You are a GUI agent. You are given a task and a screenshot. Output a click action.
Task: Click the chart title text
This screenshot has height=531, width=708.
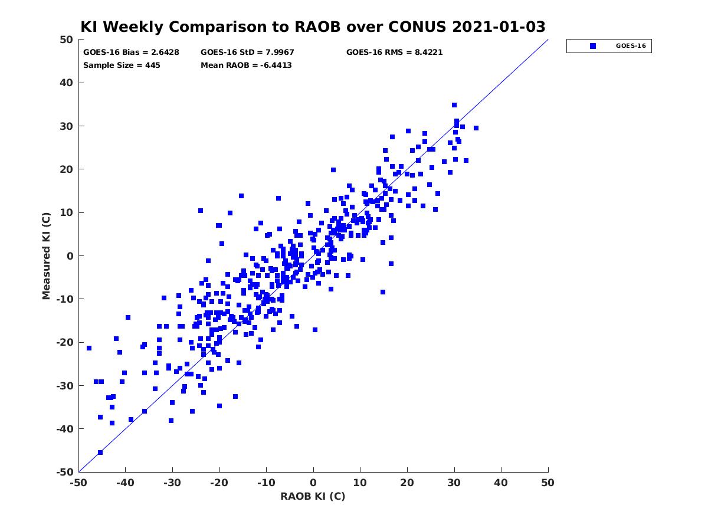click(x=313, y=27)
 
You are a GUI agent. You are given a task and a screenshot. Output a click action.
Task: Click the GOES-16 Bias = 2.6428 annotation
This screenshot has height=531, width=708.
click(x=131, y=53)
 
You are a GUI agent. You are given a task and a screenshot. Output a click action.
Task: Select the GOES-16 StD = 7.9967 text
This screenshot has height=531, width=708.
click(x=247, y=53)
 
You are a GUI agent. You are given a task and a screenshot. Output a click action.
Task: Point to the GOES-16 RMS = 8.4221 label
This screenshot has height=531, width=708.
click(x=394, y=53)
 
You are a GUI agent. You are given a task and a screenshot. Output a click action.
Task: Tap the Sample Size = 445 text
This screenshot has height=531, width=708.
click(x=122, y=65)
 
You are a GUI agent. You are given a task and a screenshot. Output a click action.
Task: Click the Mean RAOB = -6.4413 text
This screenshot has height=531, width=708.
click(x=246, y=65)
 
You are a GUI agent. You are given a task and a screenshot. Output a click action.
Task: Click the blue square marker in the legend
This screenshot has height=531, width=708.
click(x=593, y=46)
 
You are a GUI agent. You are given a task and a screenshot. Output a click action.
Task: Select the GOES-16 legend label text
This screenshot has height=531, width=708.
click(x=631, y=46)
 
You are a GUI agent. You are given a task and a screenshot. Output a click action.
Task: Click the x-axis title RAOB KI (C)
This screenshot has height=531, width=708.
click(x=313, y=496)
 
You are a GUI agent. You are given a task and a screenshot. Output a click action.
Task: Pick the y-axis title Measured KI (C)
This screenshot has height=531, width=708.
click(x=46, y=255)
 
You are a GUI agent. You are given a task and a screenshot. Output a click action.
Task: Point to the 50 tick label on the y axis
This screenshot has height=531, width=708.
click(x=67, y=40)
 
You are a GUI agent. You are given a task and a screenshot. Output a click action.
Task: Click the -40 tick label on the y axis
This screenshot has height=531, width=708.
click(x=65, y=429)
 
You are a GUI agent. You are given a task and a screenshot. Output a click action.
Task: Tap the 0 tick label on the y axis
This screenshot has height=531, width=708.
click(x=70, y=256)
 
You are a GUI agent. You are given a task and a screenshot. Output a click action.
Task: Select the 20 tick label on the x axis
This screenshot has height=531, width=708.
click(x=407, y=483)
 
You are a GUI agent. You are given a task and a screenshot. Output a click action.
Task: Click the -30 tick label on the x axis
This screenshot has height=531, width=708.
click(x=172, y=483)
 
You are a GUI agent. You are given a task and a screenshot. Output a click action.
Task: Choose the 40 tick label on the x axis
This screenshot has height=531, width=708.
click(x=501, y=483)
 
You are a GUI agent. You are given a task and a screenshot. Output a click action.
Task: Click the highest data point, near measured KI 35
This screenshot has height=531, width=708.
click(x=454, y=105)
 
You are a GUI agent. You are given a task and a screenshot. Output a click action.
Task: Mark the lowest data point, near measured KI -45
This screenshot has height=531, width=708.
click(x=100, y=453)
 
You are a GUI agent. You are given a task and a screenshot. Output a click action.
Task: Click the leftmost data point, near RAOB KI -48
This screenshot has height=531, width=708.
click(x=89, y=348)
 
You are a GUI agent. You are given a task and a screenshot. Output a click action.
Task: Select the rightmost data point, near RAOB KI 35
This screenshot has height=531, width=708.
click(x=476, y=128)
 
